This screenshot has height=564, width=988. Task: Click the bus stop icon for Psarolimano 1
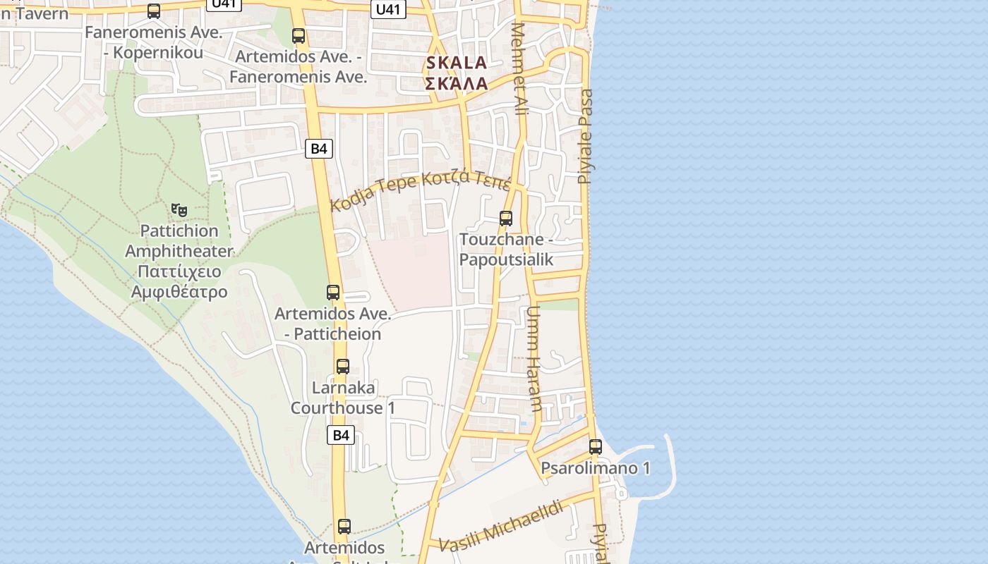[596, 446]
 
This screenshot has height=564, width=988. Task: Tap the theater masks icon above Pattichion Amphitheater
[179, 209]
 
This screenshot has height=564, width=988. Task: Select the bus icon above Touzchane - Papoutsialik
[506, 219]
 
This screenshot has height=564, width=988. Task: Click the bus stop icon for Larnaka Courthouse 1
[343, 367]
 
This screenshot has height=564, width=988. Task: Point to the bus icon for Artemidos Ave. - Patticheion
[333, 292]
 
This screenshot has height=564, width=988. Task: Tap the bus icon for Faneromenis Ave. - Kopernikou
[154, 11]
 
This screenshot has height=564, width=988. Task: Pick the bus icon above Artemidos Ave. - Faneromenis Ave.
[299, 36]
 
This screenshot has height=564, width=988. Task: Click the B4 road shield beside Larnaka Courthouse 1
[341, 435]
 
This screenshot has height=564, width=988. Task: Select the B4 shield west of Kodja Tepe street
[319, 148]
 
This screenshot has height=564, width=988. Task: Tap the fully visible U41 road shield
[389, 9]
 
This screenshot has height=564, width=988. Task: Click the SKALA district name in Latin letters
[457, 63]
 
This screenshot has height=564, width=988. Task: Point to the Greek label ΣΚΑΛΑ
[457, 83]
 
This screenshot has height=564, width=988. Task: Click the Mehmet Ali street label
[520, 69]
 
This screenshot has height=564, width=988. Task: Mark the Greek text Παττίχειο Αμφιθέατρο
[179, 281]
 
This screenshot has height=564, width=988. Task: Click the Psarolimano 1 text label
[595, 468]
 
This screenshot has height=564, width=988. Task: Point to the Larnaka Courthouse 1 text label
[343, 398]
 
